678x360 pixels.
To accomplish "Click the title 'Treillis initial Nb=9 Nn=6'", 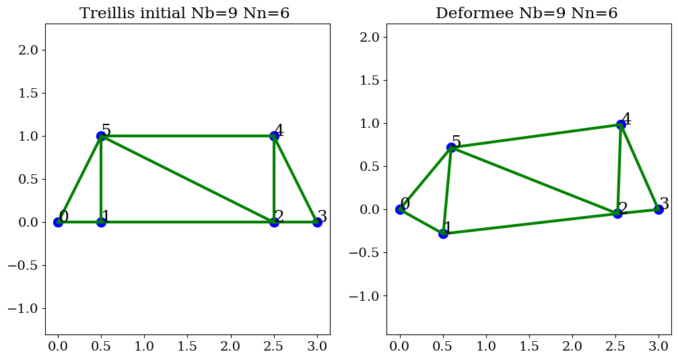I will pos(184,13).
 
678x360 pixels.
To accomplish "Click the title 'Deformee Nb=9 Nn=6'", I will pos(527,13).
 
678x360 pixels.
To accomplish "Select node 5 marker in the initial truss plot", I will pos(101,136).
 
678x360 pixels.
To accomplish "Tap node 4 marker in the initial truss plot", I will pos(274,136).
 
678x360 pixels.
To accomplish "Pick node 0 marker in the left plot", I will pos(58,222).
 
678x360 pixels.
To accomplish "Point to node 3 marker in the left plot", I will pos(317,222).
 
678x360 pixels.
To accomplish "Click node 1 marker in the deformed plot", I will pos(443,233).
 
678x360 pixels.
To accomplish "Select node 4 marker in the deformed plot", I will pos(621,124).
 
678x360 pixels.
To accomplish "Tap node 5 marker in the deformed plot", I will pos(451,147).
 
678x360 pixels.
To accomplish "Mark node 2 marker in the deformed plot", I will pos(617,213).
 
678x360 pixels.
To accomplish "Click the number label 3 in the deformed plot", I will pos(664,204).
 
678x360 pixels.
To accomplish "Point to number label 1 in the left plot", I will pos(106,217).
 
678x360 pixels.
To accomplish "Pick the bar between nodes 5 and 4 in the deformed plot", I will pos(536,136).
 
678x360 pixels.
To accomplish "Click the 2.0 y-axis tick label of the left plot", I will pos(34,50).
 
